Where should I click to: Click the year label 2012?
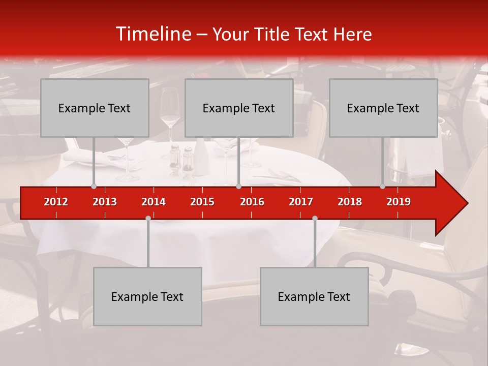tap(56, 202)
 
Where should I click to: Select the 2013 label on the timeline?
tap(105, 202)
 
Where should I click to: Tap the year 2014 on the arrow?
tap(154, 202)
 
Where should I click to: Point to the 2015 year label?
tap(202, 202)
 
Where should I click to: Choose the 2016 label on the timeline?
tap(252, 202)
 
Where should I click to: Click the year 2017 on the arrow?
tap(301, 202)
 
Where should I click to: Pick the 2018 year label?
tap(350, 202)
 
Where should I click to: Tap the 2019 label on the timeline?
tap(399, 202)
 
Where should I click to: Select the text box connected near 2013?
tap(95, 108)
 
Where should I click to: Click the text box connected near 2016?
tap(239, 108)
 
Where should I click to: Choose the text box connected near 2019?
tap(383, 108)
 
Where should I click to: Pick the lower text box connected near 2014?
tap(147, 296)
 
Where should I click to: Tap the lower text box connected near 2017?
tap(314, 296)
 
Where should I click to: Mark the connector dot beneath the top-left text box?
tap(94, 186)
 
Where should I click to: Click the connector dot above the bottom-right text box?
tap(315, 218)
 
